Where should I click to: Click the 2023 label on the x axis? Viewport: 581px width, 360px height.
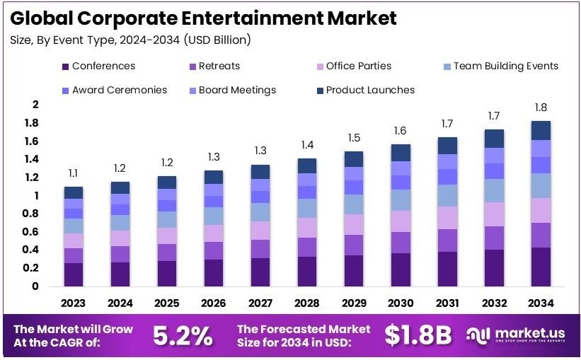tap(74, 303)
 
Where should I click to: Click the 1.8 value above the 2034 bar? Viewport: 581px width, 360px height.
tap(541, 108)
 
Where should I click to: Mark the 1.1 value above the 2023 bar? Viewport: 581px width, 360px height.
tap(74, 173)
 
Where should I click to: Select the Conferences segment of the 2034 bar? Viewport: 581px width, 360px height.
tap(541, 267)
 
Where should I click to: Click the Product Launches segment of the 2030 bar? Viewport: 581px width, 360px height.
tap(400, 153)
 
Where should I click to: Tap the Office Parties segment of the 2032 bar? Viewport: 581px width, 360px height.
tap(495, 214)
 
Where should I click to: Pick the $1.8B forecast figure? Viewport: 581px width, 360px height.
tap(418, 337)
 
